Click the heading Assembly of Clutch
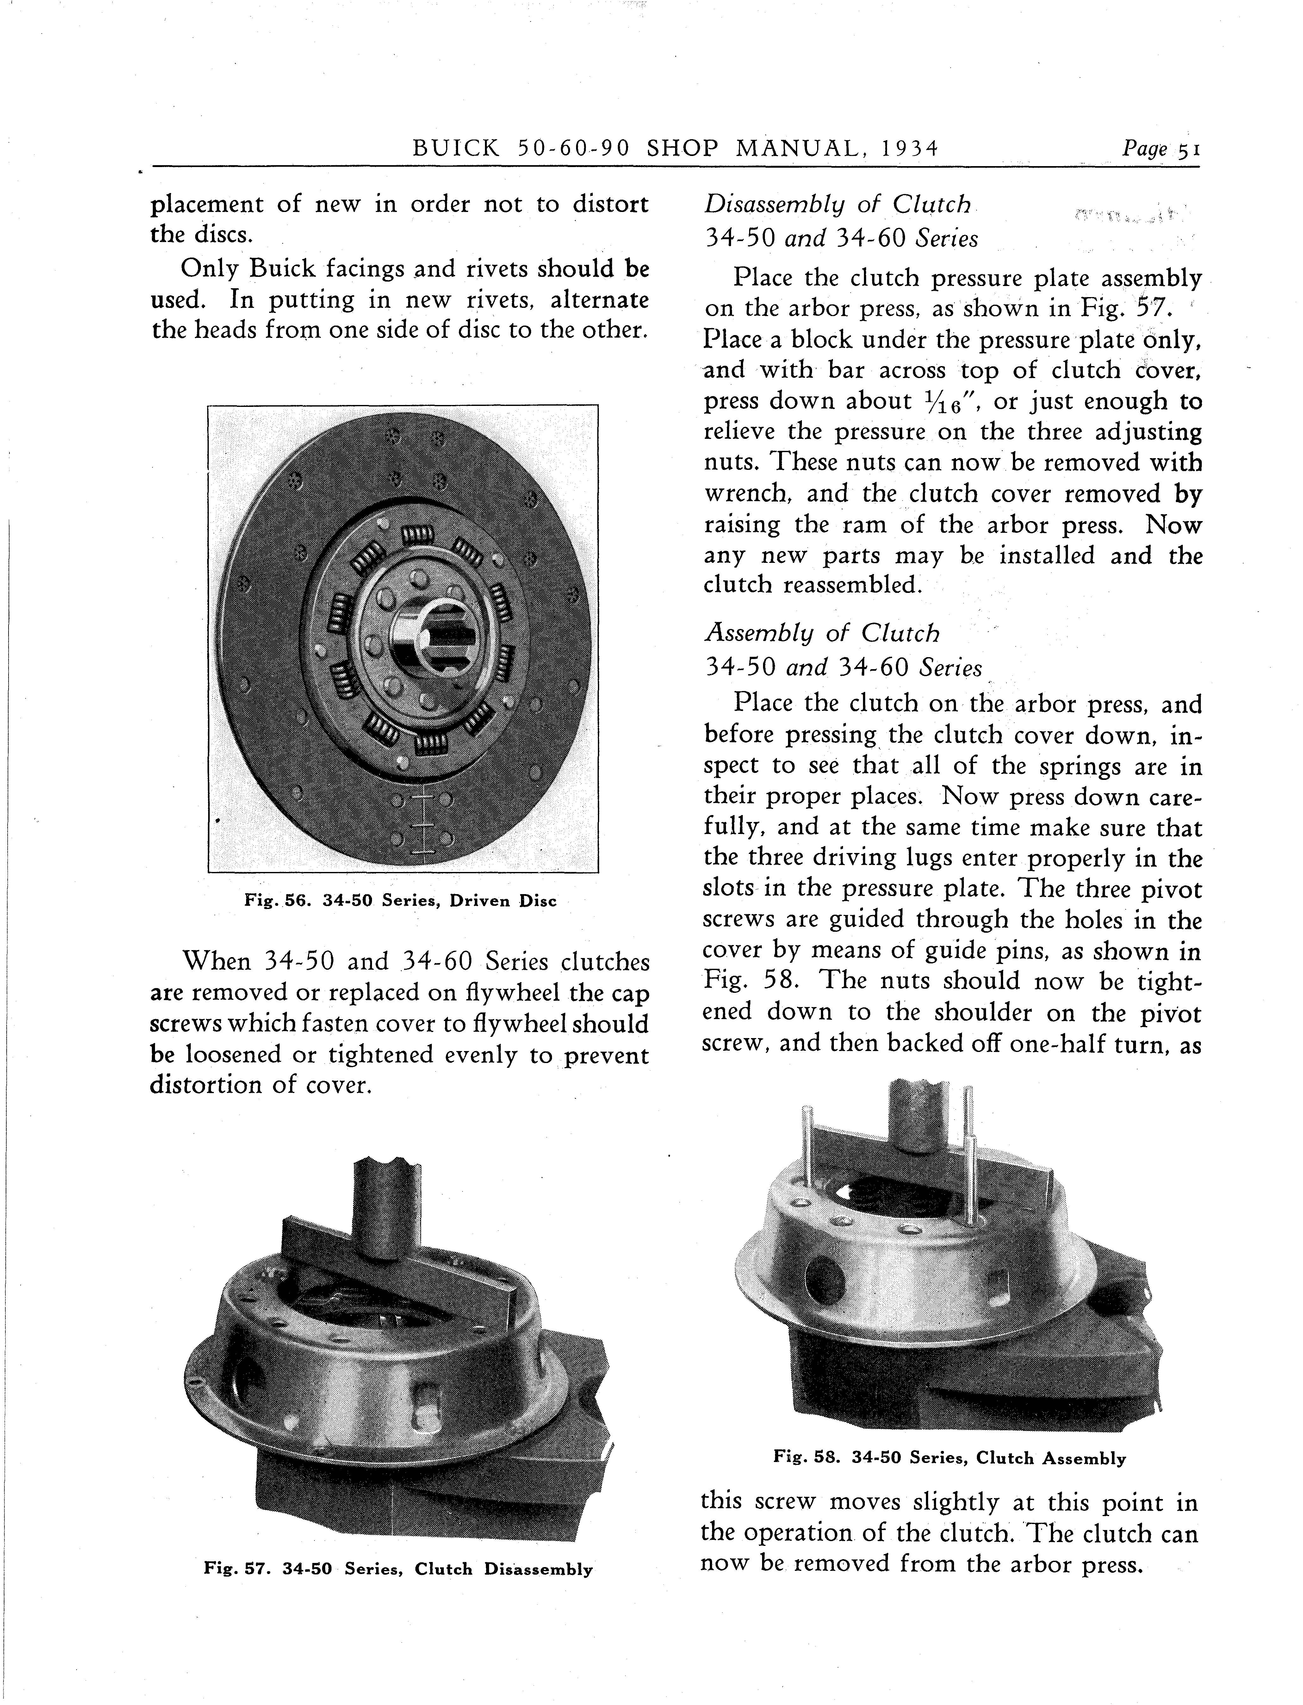click(821, 634)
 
